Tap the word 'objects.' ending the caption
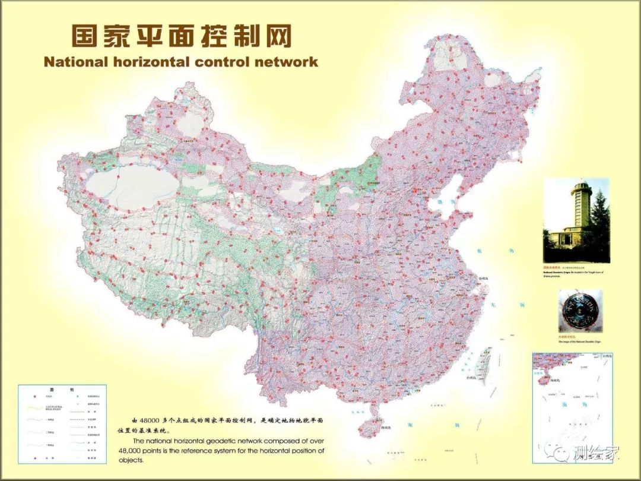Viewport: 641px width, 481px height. [131, 460]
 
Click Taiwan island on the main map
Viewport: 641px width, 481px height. [485, 360]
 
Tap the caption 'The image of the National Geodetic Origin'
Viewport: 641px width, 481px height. [578, 342]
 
